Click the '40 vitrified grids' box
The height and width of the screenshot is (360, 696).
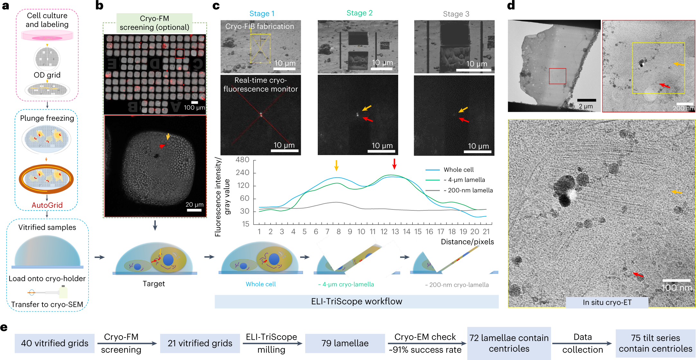(x=54, y=343)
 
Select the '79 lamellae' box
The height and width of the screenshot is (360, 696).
(x=345, y=343)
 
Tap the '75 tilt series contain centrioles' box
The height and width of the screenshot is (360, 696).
(x=655, y=343)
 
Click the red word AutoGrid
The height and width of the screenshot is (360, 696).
(x=47, y=205)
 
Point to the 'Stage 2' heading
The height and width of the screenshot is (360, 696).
(x=359, y=13)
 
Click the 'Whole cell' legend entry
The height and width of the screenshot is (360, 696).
(x=458, y=170)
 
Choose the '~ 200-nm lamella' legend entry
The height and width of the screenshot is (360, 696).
(x=468, y=190)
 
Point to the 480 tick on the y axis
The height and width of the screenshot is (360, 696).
(x=243, y=160)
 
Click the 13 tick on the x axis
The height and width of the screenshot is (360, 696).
(x=395, y=232)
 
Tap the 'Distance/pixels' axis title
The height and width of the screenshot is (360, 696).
(x=467, y=242)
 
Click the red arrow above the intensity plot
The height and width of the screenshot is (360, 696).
(x=394, y=164)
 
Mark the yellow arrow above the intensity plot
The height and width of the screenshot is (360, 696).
(x=336, y=165)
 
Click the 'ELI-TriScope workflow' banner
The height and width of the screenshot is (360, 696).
(x=356, y=301)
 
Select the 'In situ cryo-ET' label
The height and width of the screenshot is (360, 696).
(x=607, y=302)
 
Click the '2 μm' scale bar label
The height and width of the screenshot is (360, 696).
(x=586, y=106)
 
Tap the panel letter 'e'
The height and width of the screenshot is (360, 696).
(x=4, y=328)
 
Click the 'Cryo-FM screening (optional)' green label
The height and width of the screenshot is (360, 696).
(x=154, y=23)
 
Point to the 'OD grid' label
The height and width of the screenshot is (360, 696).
(x=47, y=75)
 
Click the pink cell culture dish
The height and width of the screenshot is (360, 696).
(x=47, y=36)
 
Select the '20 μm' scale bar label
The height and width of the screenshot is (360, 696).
(x=194, y=205)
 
